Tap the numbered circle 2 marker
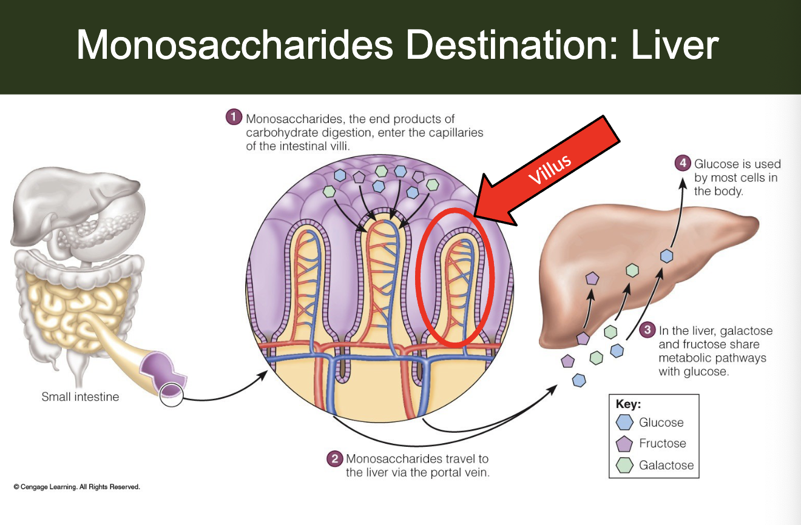coord(334,459)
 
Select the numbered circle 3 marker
coord(647,330)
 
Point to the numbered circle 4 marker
coord(683,163)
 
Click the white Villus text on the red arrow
coord(549,169)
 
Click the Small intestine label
coord(80,397)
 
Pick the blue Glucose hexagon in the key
coord(624,423)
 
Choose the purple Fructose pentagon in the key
coord(624,444)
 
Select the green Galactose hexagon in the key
coord(624,466)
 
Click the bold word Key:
coord(628,404)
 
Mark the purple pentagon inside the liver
coord(592,278)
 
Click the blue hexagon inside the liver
coord(667,256)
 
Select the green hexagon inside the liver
coord(632,270)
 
